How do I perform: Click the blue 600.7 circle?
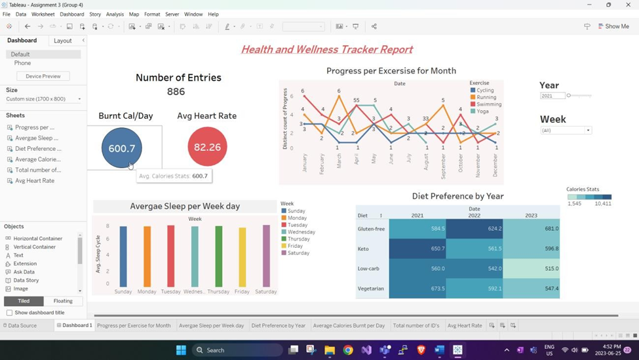(x=121, y=148)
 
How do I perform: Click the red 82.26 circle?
(x=207, y=147)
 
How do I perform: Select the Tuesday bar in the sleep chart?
(x=171, y=256)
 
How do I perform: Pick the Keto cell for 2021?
(x=417, y=249)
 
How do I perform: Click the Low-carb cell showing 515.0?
(x=532, y=268)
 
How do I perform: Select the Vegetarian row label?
(x=371, y=289)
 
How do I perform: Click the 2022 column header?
(x=474, y=215)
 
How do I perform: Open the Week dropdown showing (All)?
(x=566, y=130)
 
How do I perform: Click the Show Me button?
(x=613, y=26)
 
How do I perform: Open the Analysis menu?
(x=115, y=14)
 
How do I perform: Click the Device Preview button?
(x=43, y=76)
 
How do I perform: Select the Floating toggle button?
(x=63, y=301)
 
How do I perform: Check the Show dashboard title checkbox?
(x=9, y=313)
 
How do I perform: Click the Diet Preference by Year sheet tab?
(x=279, y=325)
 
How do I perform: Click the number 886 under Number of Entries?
(x=176, y=92)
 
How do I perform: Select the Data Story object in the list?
(x=26, y=280)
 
